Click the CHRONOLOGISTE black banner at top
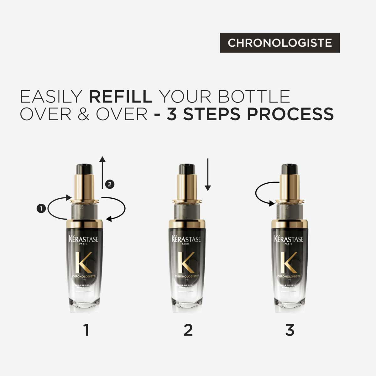tap(279, 43)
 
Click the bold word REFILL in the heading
tap(121, 97)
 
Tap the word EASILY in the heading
tap(51, 97)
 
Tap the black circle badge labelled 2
tap(109, 184)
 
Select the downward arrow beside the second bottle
tap(208, 175)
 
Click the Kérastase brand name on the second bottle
tap(186, 239)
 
